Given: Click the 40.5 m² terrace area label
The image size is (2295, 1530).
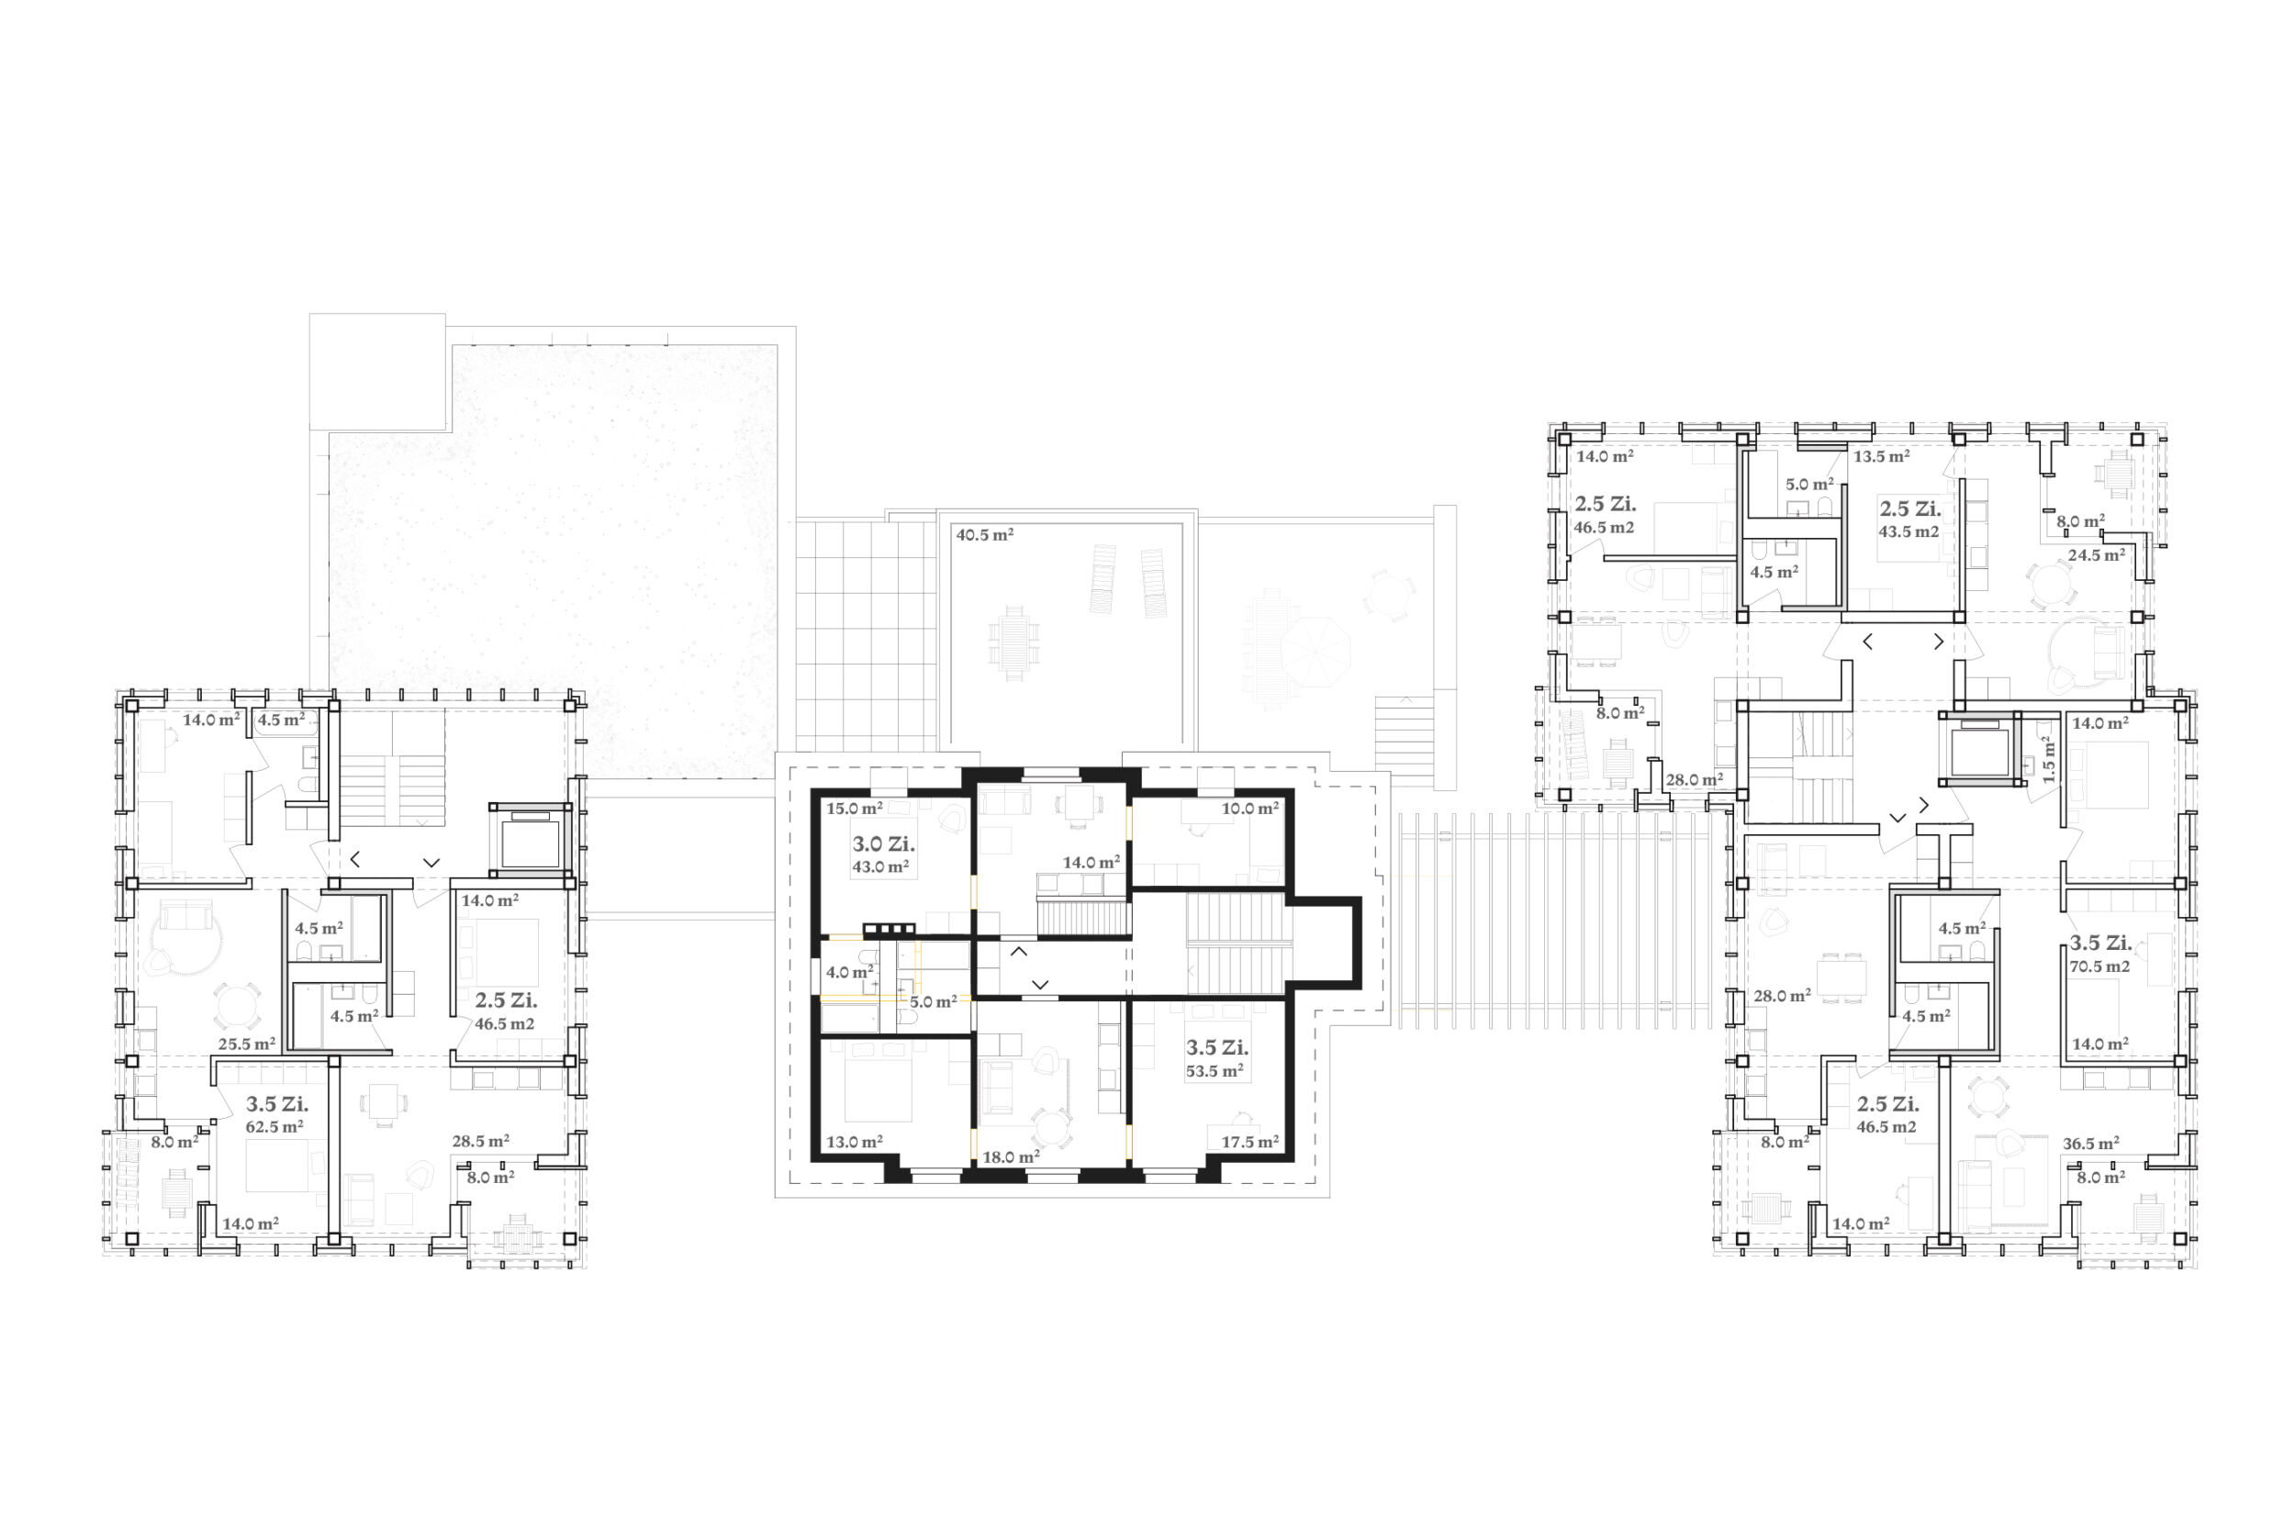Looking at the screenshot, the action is click(x=984, y=535).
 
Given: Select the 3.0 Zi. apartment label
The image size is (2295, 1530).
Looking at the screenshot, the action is click(x=883, y=844).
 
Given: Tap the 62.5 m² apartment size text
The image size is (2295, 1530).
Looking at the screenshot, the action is click(x=274, y=1127).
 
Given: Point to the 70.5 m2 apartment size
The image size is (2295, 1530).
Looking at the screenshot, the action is click(x=2099, y=967).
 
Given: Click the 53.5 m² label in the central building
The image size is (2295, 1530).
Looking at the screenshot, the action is click(x=1215, y=1070).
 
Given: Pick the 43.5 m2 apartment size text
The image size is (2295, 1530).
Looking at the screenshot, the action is click(x=1909, y=531).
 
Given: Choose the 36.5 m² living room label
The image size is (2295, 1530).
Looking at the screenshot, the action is click(x=2090, y=1143).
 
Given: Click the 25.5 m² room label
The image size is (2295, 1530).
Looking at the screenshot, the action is click(x=247, y=1044).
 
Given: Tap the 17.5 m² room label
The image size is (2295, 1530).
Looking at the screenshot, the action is click(x=1250, y=1142).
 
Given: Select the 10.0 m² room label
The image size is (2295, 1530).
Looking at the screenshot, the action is click(x=1250, y=808).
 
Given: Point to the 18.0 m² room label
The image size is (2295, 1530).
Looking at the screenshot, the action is click(x=1011, y=1157).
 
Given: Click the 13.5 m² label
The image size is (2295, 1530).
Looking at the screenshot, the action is click(x=1881, y=455).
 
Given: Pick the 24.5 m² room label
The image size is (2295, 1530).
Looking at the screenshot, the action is click(x=2096, y=555).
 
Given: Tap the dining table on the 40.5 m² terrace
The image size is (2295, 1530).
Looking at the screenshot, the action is click(x=1013, y=643).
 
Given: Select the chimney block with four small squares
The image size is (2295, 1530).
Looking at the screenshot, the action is click(x=889, y=929).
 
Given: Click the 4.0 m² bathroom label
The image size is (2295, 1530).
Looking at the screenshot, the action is click(x=850, y=972).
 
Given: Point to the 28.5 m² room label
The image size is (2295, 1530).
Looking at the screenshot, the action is click(x=480, y=1141).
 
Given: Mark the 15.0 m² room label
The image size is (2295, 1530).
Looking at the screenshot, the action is click(x=855, y=808).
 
